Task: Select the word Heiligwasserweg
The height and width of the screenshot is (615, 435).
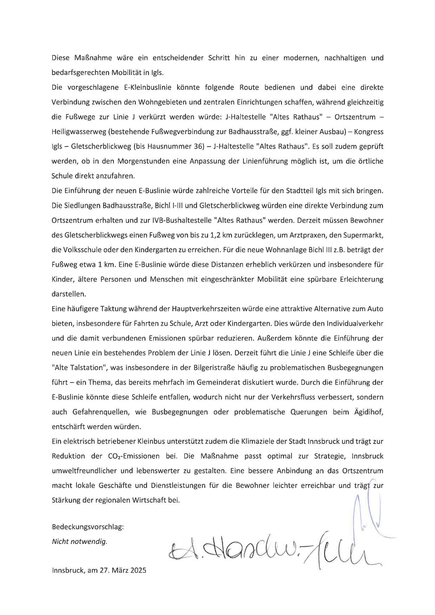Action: point(77,132)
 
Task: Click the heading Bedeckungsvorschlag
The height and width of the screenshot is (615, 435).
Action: point(88,527)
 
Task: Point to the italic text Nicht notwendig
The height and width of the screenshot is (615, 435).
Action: point(79,542)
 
